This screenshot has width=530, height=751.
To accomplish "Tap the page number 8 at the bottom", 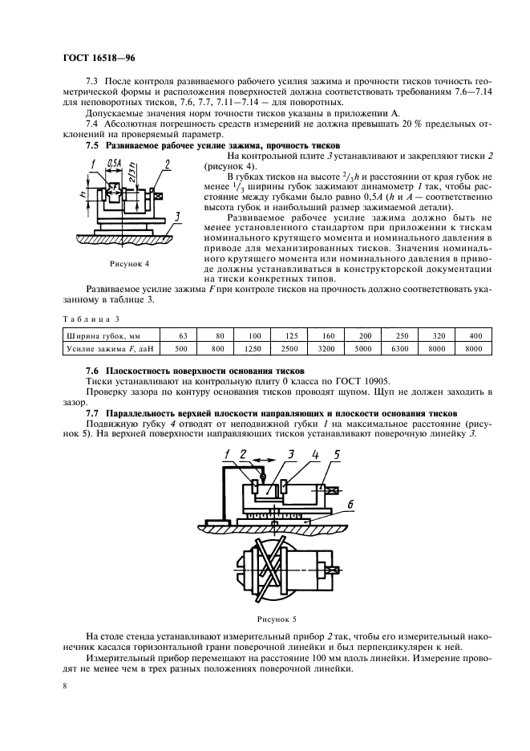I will [65, 685].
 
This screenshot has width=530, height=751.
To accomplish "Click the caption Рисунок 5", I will [277, 619].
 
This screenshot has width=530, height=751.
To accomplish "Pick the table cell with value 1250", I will [254, 350].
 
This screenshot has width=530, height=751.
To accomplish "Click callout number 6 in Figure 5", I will [350, 503].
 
